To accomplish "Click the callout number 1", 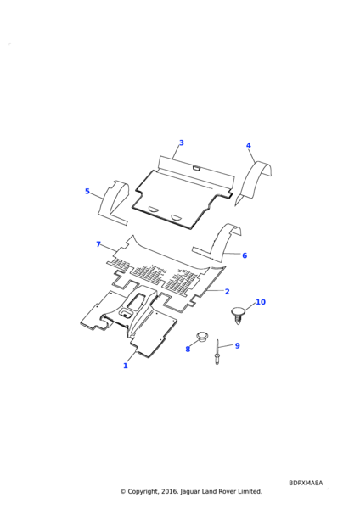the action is pos(126,366).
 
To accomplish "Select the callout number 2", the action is pos(227,292).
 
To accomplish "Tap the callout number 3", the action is pos(182,143).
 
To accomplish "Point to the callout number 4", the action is pos(249,145).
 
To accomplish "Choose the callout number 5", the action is pos(87,191).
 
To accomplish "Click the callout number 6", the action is pos(245,255).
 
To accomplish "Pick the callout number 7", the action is pos(98,244).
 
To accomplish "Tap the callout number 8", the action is pos(188,350).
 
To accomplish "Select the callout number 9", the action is pos(238,346).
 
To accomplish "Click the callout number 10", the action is pos(261,302).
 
